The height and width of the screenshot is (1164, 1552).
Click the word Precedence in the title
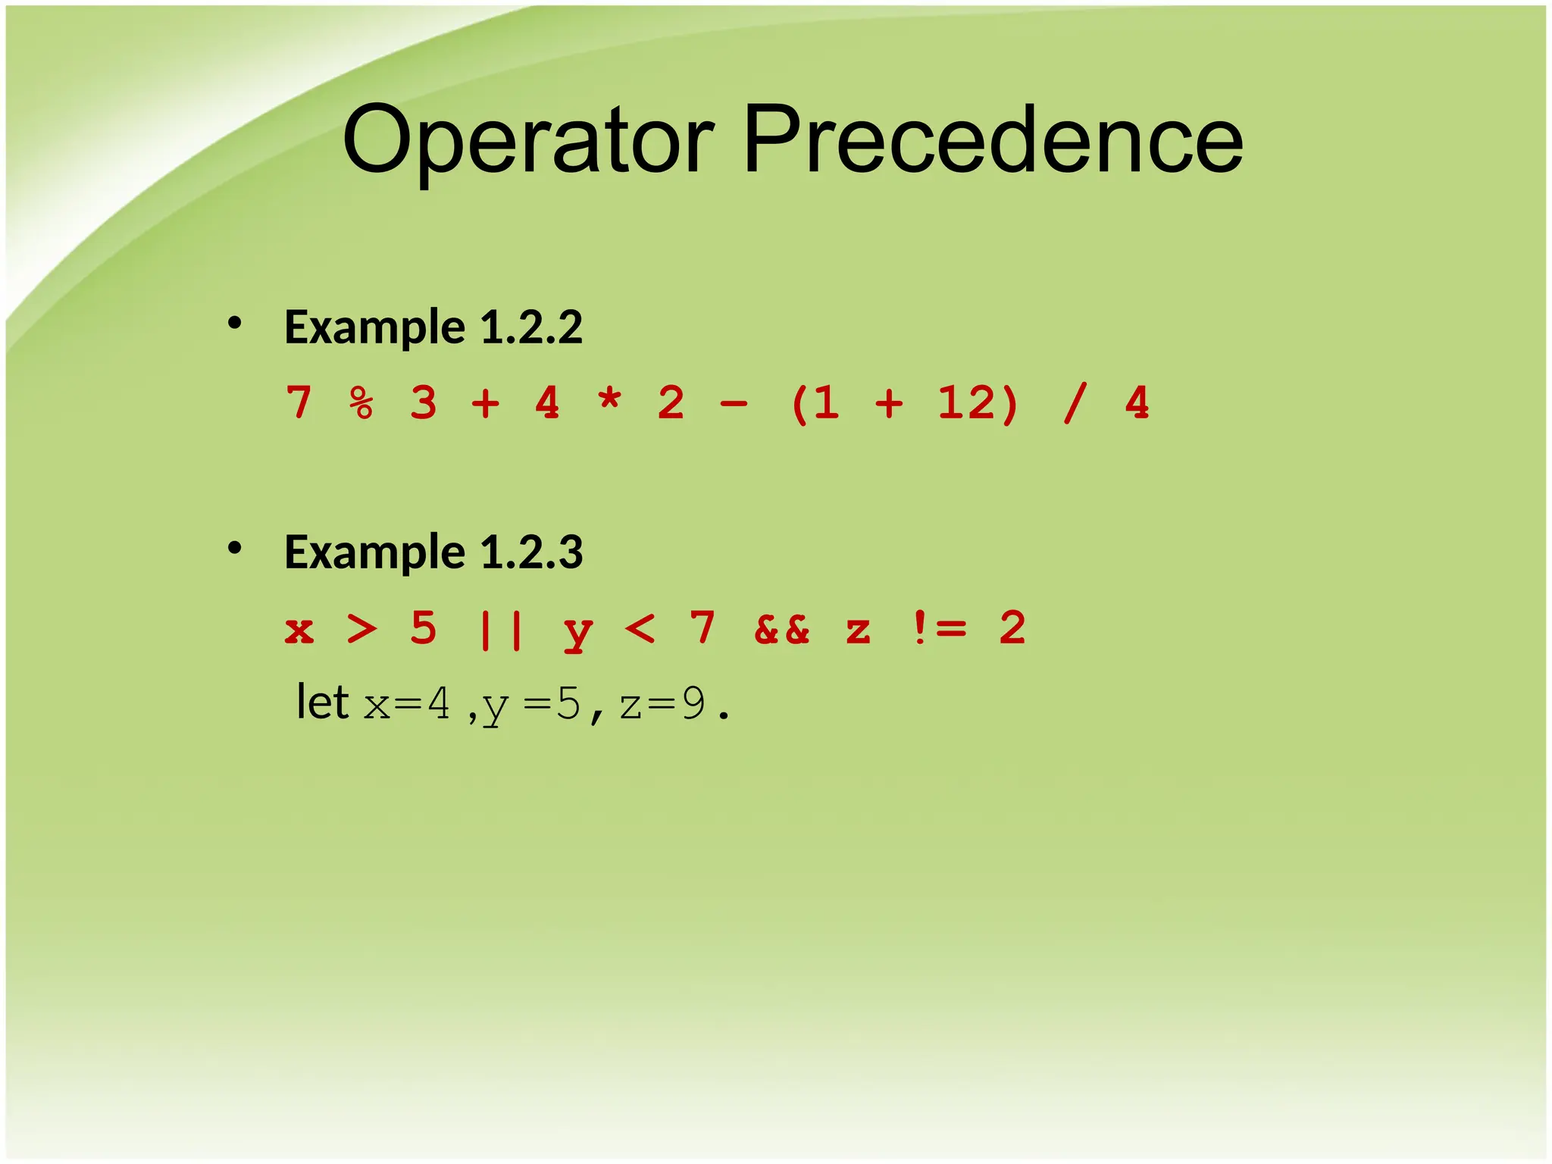993,140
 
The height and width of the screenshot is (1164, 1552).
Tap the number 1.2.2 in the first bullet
531,327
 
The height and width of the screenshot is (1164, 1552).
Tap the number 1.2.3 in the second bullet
531,552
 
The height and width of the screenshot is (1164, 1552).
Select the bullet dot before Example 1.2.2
234,324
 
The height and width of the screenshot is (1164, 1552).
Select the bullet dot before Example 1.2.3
234,547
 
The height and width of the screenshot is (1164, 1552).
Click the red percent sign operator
361,402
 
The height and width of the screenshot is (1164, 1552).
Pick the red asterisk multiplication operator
609,399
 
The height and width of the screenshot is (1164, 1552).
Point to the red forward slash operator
1075,402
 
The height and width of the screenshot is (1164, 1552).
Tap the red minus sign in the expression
734,404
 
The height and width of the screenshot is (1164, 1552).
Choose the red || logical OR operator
501,629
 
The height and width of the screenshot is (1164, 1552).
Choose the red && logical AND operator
781,629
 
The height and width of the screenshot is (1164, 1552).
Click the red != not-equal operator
938,628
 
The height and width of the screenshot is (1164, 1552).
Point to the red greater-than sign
361,628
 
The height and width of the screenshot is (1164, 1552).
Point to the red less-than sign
640,628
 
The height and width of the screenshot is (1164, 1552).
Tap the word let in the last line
322,702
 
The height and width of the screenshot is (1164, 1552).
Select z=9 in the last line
662,704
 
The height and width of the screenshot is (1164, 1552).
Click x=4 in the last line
407,704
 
